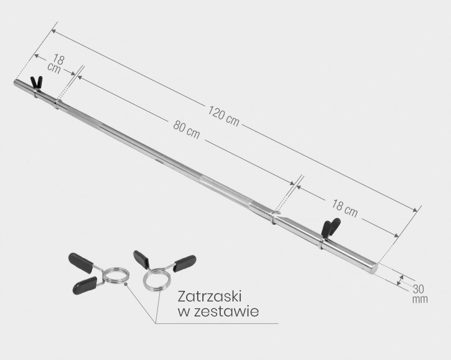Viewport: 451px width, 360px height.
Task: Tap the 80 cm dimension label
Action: [x=187, y=130]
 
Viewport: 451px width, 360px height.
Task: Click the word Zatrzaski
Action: [x=209, y=295]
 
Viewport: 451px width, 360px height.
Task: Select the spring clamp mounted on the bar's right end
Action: [x=329, y=230]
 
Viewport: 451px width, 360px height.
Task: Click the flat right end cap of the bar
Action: [x=374, y=268]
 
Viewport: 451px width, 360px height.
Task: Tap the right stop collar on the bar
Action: [x=274, y=216]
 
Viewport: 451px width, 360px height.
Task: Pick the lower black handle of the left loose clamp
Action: [x=83, y=285]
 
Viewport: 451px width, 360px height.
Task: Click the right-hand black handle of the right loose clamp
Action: [x=185, y=262]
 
